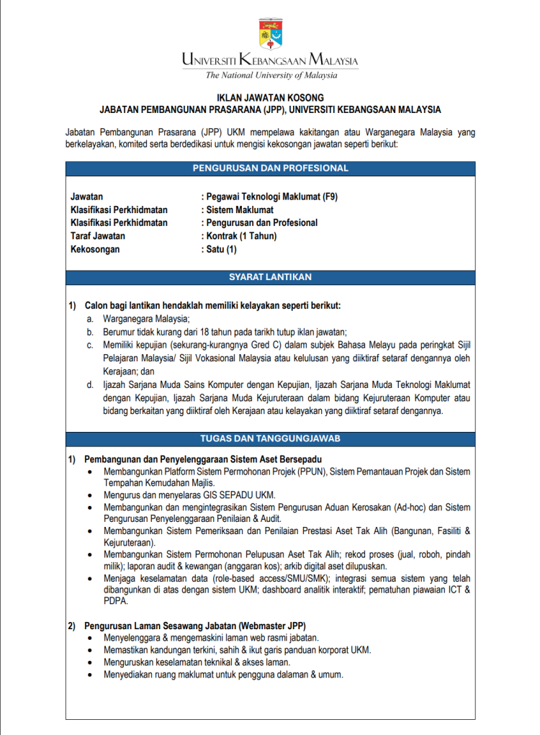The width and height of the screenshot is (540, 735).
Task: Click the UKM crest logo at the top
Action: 270,32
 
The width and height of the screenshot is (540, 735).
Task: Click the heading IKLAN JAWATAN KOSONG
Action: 270,97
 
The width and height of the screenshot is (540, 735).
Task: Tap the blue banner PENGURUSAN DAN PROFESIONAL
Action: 270,168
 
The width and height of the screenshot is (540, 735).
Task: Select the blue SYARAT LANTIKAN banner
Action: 270,276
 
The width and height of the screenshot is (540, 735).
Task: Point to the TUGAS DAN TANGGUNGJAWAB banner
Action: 270,438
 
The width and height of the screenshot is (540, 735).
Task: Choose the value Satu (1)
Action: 221,249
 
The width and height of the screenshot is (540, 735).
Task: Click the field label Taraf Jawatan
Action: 98,236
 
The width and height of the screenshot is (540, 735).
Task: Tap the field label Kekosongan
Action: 95,249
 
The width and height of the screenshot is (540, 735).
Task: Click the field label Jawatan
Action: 86,197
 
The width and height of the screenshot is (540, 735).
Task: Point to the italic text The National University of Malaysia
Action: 271,75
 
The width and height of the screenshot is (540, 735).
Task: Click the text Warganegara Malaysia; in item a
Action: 146,318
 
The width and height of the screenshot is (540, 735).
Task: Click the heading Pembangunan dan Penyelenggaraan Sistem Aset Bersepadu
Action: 202,459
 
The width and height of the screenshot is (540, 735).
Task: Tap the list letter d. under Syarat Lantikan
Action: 90,385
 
